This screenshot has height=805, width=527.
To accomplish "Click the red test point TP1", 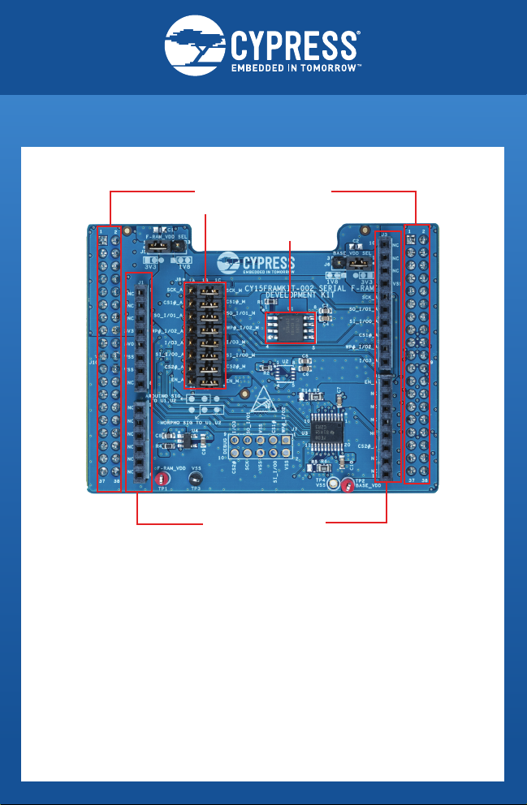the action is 161,480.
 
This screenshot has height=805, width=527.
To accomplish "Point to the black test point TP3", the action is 195,480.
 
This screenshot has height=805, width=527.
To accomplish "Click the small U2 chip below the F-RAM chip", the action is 283,372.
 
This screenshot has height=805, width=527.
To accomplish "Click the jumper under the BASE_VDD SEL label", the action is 356,264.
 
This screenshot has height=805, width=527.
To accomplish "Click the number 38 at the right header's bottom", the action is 425,480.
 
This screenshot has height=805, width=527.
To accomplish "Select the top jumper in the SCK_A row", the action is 205,290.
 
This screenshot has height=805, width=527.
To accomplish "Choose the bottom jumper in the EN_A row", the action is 205,380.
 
